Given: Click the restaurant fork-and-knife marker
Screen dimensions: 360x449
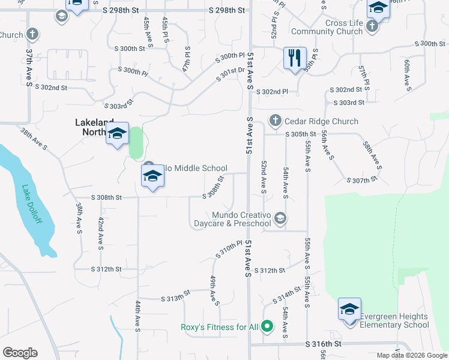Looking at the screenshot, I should point(295,58).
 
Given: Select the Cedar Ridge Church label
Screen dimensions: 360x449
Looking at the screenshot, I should point(321,121).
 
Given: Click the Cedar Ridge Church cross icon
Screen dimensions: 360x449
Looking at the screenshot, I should point(276,121).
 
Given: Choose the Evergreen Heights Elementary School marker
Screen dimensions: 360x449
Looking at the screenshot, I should point(349,310).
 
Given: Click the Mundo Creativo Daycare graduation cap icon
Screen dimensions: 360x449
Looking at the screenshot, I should point(280,218).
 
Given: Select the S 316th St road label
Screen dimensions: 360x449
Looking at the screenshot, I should point(323,344).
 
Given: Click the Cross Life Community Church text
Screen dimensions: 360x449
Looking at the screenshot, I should point(336,27).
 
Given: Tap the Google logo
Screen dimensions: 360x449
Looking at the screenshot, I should point(20,353).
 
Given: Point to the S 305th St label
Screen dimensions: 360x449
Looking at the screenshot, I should point(301,134).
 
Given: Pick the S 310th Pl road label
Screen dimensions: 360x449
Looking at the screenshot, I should point(229,250).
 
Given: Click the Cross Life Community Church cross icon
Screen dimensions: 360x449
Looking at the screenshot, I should point(372,26).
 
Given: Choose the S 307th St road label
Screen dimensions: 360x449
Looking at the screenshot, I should point(362,179).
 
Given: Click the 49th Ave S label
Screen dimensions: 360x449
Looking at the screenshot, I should point(213,290).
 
